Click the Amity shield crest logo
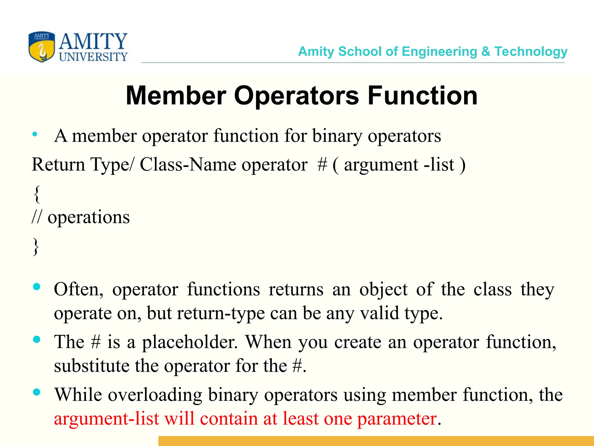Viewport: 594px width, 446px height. (42, 47)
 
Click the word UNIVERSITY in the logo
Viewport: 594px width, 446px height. (93, 57)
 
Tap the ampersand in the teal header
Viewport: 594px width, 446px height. (486, 51)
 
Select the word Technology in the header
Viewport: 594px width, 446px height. (531, 52)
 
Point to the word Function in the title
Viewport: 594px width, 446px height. (422, 96)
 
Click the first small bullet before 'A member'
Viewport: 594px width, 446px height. (35, 134)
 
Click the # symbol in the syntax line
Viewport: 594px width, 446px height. (322, 165)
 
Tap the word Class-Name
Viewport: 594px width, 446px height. (188, 165)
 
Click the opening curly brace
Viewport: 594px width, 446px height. (37, 194)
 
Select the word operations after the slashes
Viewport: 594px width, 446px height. (88, 217)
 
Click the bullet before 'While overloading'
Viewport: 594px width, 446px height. (37, 392)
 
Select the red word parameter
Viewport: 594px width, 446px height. (397, 419)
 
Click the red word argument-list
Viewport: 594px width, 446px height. (106, 419)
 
